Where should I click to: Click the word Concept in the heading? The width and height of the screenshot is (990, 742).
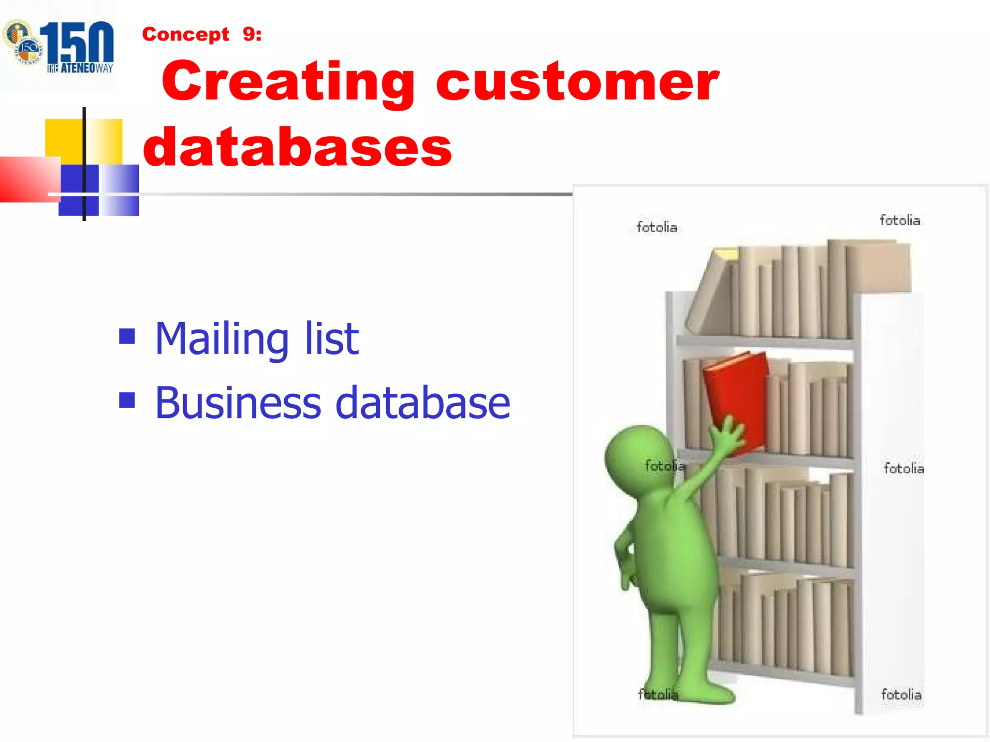coord(186,35)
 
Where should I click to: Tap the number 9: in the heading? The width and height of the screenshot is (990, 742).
coord(252,34)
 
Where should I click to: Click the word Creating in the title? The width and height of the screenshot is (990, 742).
coord(288,82)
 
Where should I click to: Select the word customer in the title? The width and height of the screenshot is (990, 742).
coord(577,82)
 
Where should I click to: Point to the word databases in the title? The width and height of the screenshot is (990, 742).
coord(297,147)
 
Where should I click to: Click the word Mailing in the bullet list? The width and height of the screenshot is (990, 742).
coord(222,339)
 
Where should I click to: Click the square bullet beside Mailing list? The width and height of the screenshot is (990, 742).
coord(127,336)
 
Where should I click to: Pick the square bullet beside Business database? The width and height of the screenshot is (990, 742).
coord(127,400)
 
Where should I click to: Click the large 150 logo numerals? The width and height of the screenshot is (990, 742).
coord(77,43)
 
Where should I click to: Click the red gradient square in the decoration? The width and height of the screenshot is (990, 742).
coord(27,179)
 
